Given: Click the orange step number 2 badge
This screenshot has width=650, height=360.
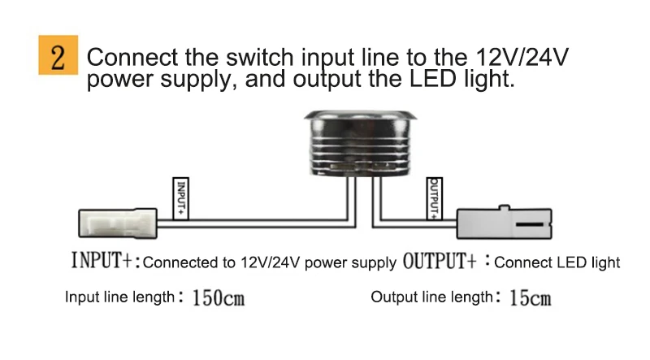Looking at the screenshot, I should (x=57, y=55).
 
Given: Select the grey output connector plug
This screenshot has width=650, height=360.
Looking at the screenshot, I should (x=505, y=222).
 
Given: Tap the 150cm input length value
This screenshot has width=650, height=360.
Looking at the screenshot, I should (x=218, y=298).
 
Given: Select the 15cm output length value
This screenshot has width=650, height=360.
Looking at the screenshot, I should (x=530, y=298).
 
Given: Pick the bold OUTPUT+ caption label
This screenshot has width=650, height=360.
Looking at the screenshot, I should (x=439, y=262).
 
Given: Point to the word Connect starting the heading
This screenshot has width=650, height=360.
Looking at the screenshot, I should (x=132, y=59).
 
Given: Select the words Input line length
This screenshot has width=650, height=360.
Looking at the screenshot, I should (x=119, y=297).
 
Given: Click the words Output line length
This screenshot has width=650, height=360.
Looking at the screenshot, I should (x=431, y=297).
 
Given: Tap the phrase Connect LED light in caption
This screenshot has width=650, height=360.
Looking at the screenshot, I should (x=557, y=262).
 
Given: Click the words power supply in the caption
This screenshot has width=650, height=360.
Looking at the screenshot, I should (x=355, y=262).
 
